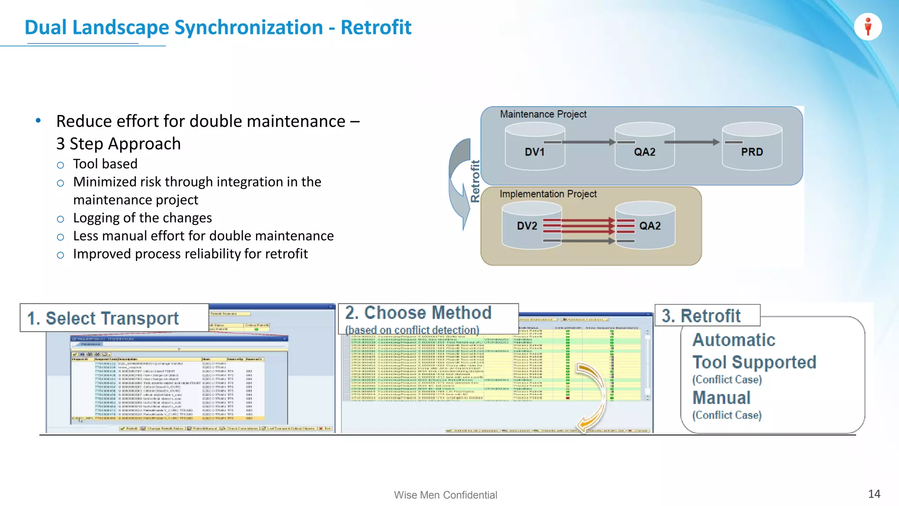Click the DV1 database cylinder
tap(535, 147)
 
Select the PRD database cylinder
tap(752, 147)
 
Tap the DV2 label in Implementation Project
tap(527, 226)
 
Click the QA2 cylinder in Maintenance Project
tap(644, 147)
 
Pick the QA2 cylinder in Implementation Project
tap(645, 226)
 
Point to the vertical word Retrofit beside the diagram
tap(475, 181)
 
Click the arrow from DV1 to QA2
tap(588, 142)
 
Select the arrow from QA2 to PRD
tap(692, 142)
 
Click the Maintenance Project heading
tap(543, 114)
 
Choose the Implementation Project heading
tap(548, 194)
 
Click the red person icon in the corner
tap(868, 27)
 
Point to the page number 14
tap(874, 494)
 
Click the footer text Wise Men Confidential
tap(445, 495)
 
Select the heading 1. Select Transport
tap(103, 318)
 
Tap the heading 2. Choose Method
tap(418, 313)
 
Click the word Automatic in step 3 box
tap(734, 340)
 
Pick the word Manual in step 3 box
tap(721, 398)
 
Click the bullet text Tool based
tap(105, 164)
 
